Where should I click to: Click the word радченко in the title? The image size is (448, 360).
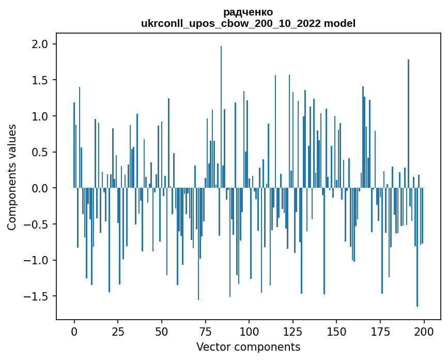pyautogui.click(x=248, y=12)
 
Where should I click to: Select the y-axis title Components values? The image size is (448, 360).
pyautogui.click(x=12, y=177)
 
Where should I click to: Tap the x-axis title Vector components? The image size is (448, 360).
pyautogui.click(x=248, y=347)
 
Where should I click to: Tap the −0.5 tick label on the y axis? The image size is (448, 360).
pyautogui.click(x=38, y=224)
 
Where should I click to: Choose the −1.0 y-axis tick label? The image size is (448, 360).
pyautogui.click(x=38, y=260)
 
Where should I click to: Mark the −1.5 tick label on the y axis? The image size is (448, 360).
pyautogui.click(x=38, y=296)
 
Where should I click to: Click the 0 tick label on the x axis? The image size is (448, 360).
pyautogui.click(x=74, y=331)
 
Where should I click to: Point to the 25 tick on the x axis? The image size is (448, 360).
pyautogui.click(x=118, y=331)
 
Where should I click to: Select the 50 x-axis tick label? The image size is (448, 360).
pyautogui.click(x=162, y=331)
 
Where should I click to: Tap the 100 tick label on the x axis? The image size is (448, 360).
pyautogui.click(x=249, y=331)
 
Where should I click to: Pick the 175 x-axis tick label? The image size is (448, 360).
pyautogui.click(x=380, y=331)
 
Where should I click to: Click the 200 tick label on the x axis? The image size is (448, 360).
pyautogui.click(x=424, y=331)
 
